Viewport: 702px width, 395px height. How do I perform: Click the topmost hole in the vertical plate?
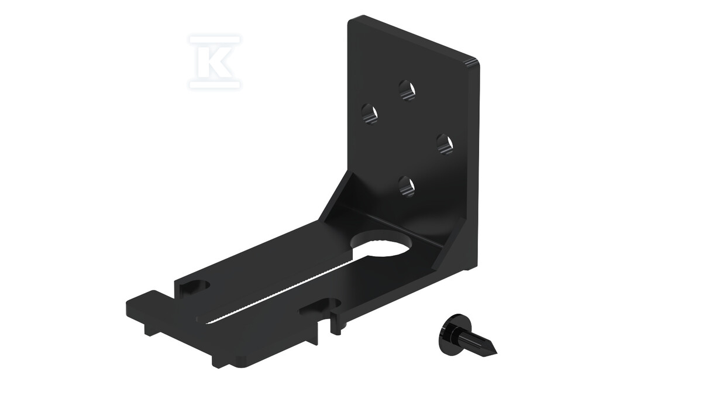[407, 90]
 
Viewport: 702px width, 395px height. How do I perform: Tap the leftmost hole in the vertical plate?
[370, 114]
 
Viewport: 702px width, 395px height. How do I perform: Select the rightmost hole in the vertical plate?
[445, 144]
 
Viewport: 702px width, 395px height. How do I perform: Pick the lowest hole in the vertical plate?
[407, 187]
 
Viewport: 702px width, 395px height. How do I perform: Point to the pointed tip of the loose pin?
[496, 352]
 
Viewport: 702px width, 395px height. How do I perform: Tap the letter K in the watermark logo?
[216, 61]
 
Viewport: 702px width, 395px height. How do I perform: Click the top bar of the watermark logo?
[215, 40]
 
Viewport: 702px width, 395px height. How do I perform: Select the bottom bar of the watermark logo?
[215, 84]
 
